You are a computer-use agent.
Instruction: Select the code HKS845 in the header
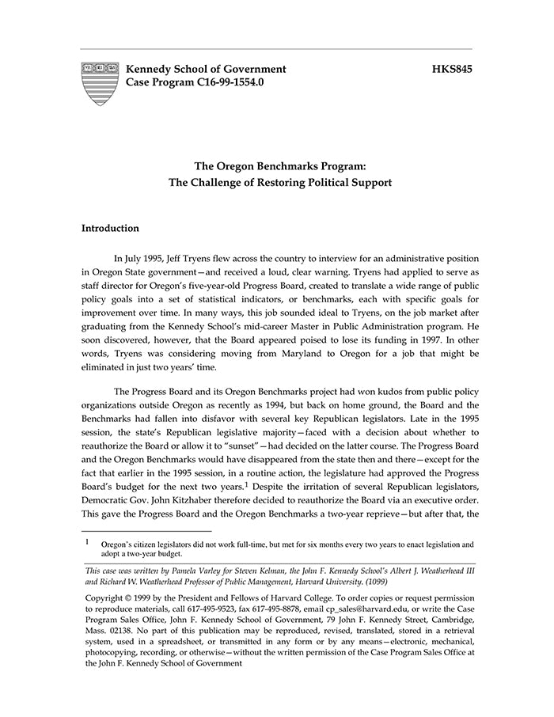click(x=452, y=70)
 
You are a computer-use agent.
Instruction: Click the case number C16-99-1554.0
click(x=224, y=82)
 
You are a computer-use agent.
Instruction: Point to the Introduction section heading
click(x=110, y=229)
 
